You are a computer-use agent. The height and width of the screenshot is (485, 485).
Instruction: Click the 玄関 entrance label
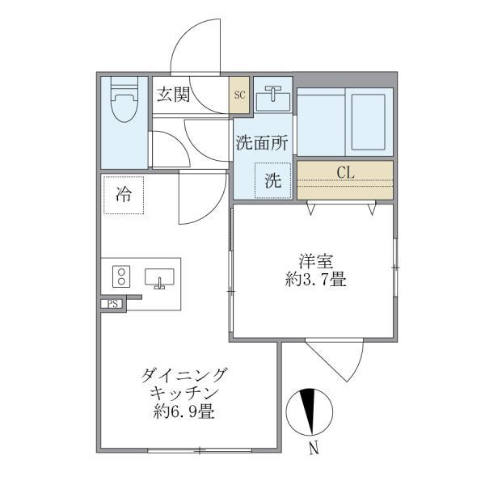pos(173,95)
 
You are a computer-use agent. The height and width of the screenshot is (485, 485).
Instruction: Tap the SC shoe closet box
pos(239,95)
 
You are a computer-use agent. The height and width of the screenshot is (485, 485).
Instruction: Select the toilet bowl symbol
pos(124,99)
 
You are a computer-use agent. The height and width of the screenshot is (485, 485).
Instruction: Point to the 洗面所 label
pos(262,142)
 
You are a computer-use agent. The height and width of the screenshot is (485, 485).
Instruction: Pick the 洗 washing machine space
pos(273,180)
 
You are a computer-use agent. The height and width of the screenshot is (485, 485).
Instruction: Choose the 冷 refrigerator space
pos(124,195)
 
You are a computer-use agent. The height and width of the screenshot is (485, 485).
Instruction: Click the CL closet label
pos(345,172)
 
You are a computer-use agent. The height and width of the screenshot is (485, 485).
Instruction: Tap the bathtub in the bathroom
pos(369,122)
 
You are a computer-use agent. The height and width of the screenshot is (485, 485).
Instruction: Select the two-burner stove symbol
pos(121,276)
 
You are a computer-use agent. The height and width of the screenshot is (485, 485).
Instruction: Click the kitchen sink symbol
pos(159,278)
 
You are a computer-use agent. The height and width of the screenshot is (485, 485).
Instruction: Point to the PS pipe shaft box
pos(113,304)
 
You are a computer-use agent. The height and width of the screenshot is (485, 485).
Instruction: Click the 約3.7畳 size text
pos(315,280)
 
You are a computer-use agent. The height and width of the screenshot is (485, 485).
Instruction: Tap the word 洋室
pos(316,261)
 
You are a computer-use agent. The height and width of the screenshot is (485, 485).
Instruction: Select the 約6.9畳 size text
pos(184,411)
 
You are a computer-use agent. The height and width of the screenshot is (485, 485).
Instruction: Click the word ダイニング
pos(183,376)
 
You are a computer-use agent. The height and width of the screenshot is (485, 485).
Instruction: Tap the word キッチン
pos(184,394)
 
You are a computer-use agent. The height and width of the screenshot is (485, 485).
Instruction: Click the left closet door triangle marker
pos(311,209)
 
